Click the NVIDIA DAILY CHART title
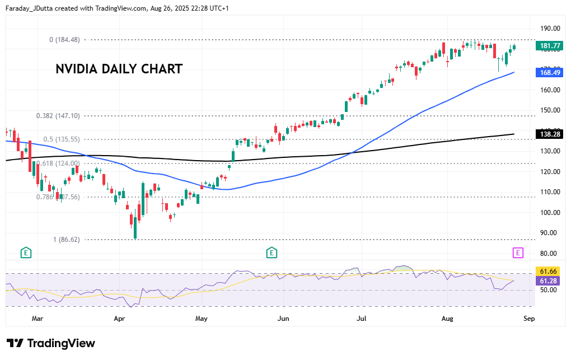[x=119, y=69]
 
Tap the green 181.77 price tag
[x=548, y=46]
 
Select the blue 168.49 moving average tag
[x=548, y=72]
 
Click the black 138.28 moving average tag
[x=548, y=134]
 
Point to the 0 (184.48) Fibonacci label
[x=64, y=40]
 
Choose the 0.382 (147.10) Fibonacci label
[x=58, y=116]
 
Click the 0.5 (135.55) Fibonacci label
[x=62, y=139]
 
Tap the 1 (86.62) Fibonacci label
[x=66, y=239]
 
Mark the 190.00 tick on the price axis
[x=550, y=29]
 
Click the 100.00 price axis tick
[x=550, y=213]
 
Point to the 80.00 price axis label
[x=550, y=254]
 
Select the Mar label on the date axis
[x=38, y=319]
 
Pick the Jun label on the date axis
[x=283, y=319]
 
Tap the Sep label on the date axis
[x=529, y=319]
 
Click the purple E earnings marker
[x=518, y=253]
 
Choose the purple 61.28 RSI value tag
[x=548, y=280]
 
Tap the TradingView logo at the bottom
[x=51, y=343]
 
